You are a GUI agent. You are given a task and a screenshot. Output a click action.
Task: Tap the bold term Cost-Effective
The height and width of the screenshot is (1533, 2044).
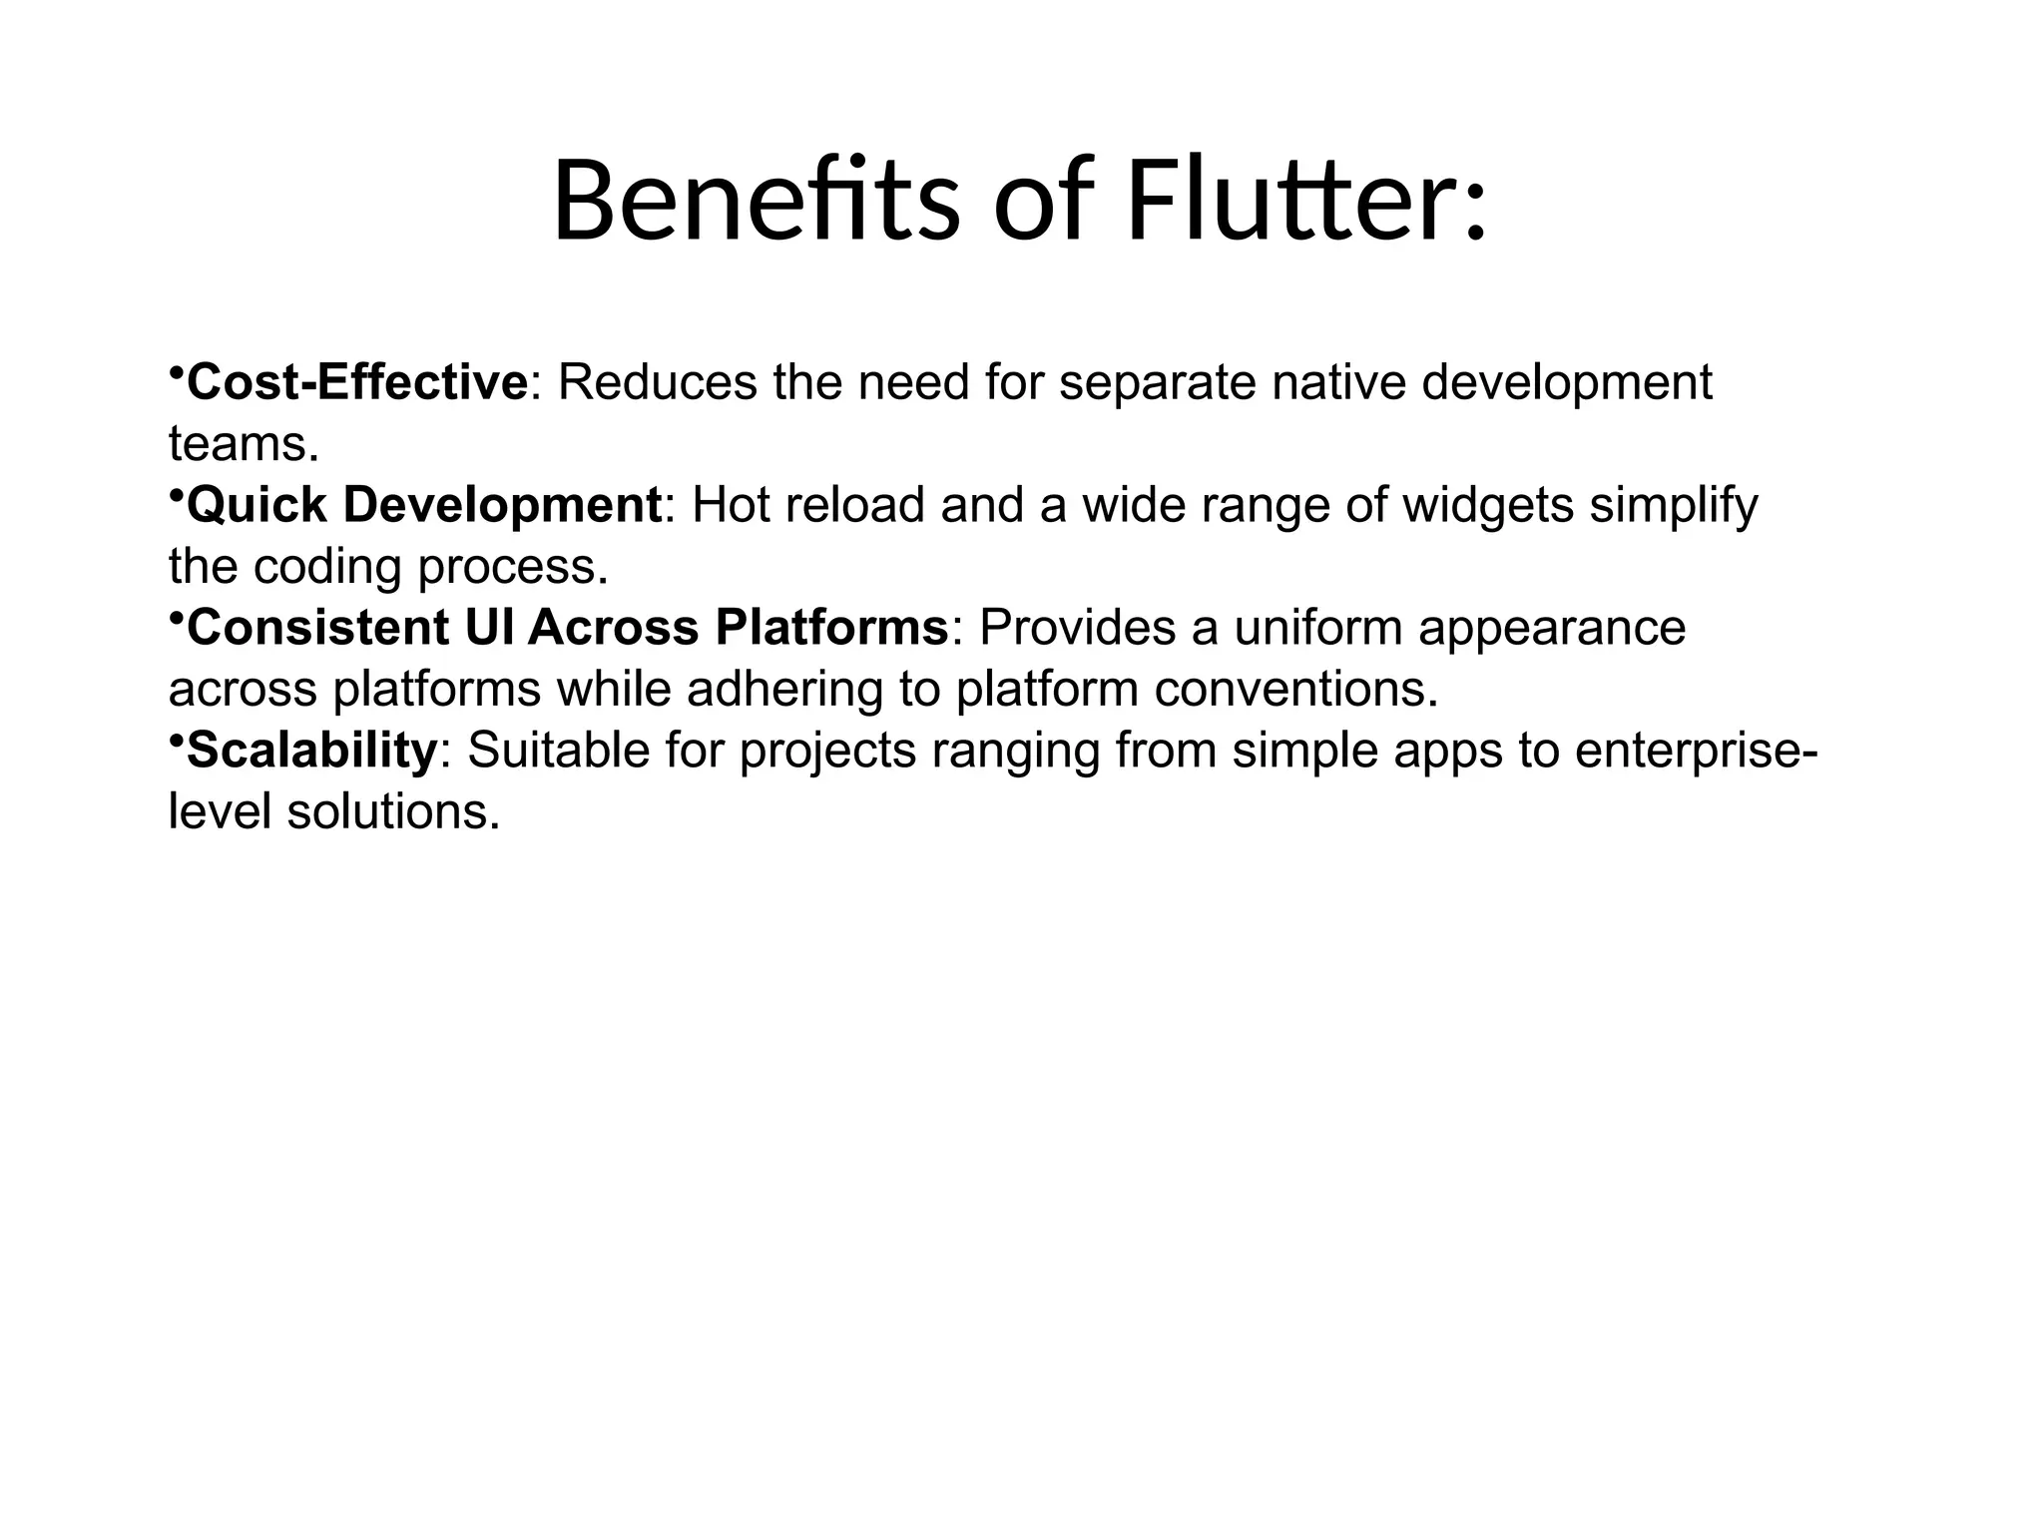(357, 382)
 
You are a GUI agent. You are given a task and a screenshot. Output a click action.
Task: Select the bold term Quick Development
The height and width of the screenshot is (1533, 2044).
(424, 505)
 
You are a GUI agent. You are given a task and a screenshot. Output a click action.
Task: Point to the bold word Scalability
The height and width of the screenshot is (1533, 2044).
(311, 751)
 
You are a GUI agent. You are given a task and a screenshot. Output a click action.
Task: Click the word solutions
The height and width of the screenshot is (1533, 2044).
(392, 812)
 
